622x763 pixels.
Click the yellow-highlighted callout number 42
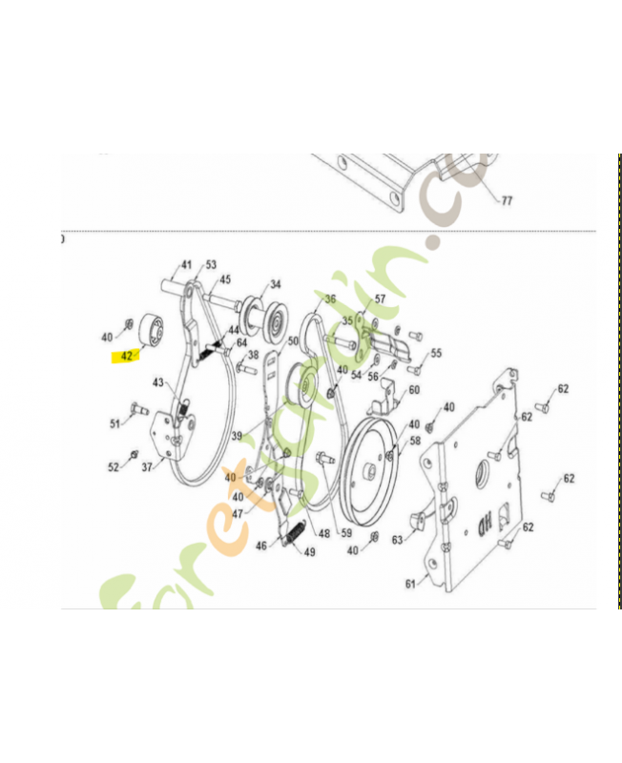[127, 356]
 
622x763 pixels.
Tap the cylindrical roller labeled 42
[153, 329]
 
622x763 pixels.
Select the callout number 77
[507, 201]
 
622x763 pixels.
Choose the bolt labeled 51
[134, 410]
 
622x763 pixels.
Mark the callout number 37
[147, 467]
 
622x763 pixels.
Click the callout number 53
[211, 264]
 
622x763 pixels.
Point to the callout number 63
[397, 540]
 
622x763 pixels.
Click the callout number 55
[436, 353]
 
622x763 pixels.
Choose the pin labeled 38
[238, 367]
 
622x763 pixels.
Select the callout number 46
[261, 546]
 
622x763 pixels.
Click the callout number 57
[380, 299]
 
